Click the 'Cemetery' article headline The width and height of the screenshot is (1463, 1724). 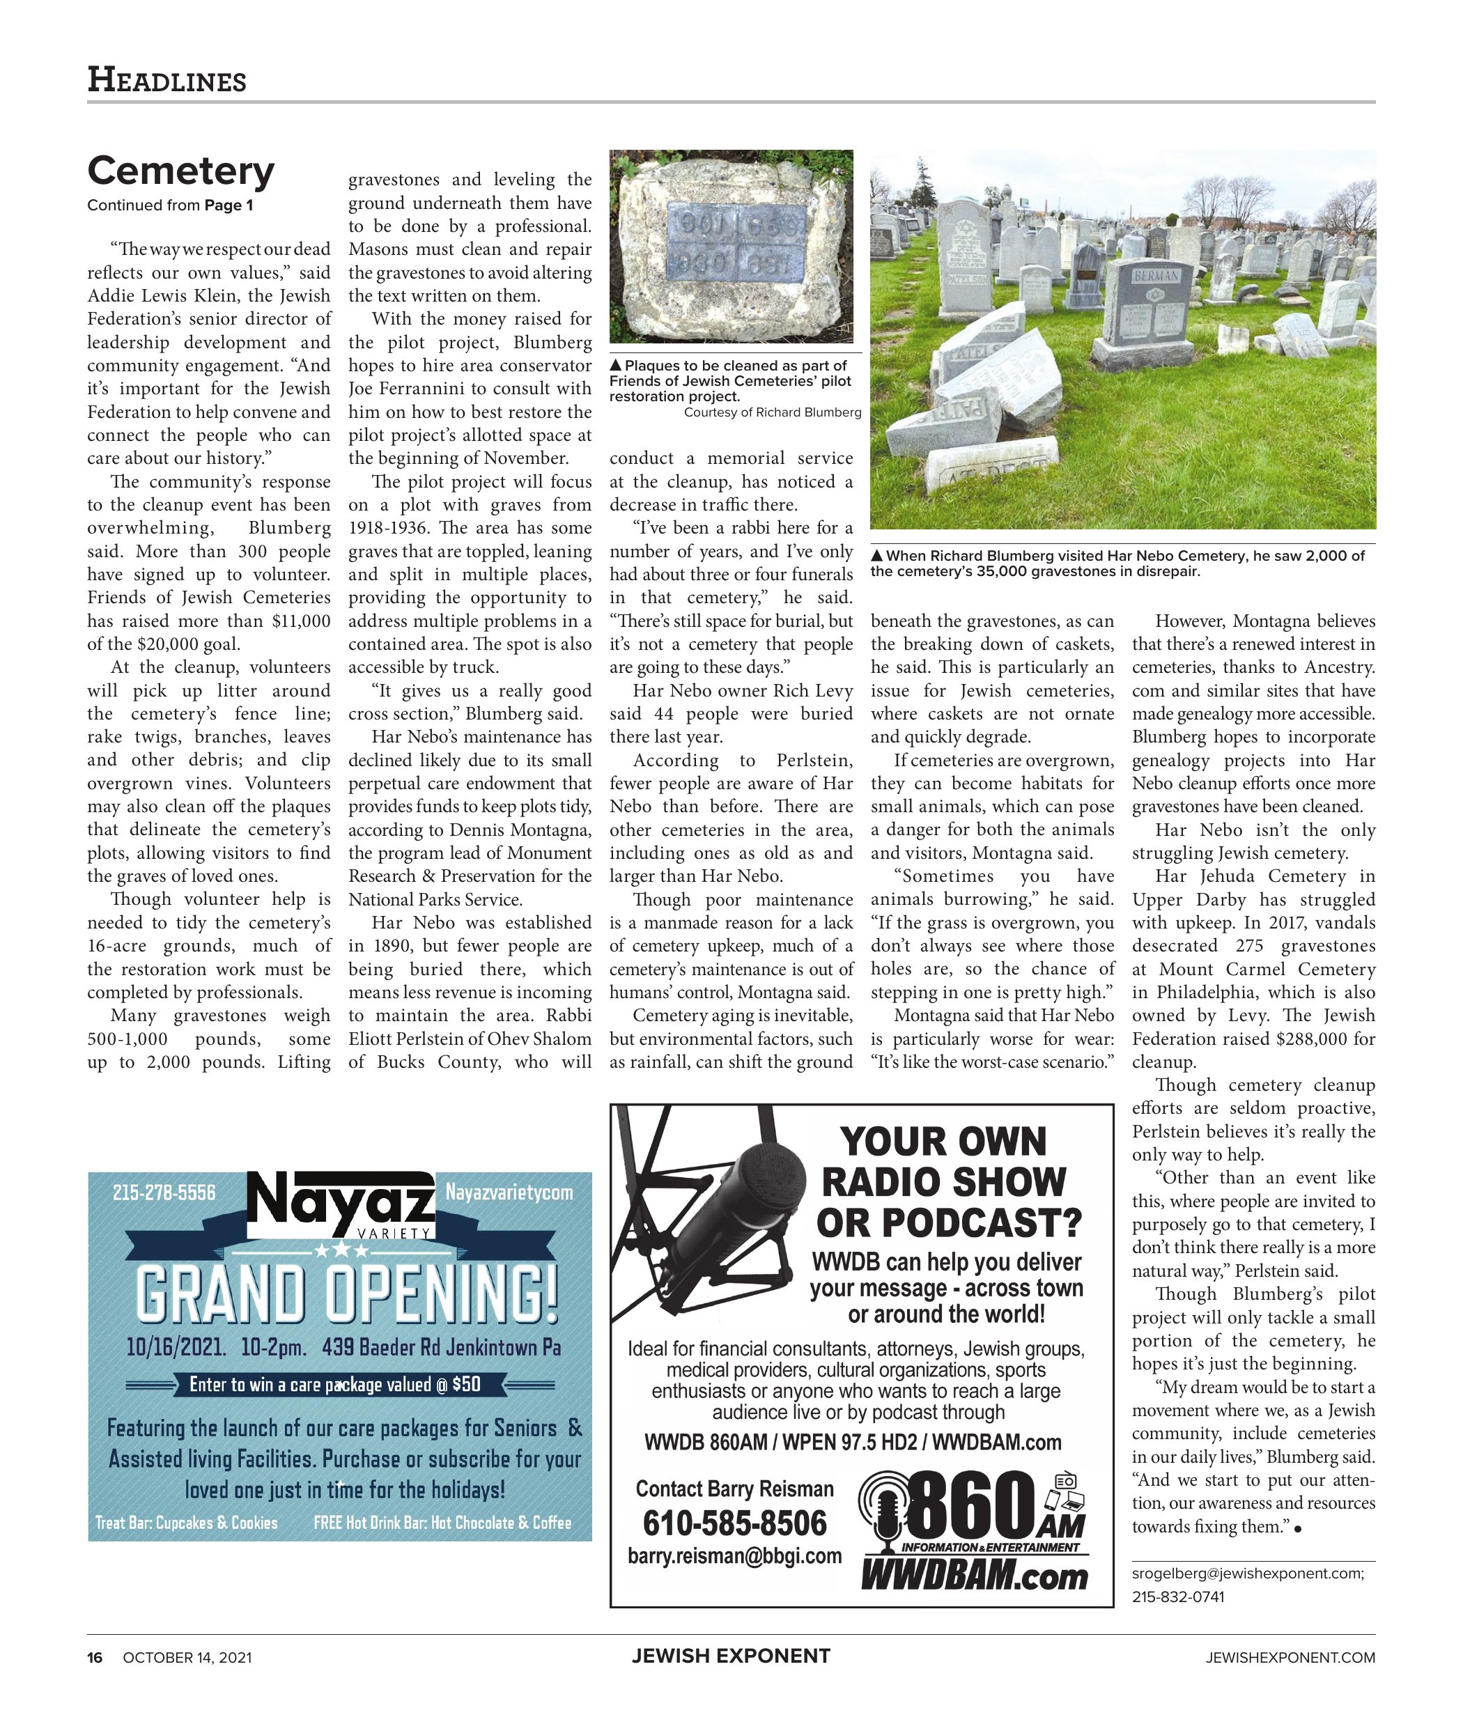click(181, 171)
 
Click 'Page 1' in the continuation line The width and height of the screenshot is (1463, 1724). click(228, 205)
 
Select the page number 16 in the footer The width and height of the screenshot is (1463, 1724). click(95, 1657)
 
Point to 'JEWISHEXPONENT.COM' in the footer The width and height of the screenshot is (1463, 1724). click(1290, 1657)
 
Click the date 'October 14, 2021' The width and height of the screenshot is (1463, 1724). click(187, 1657)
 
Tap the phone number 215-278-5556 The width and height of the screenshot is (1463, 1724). click(164, 1193)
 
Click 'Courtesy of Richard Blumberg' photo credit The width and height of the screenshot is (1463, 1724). click(772, 412)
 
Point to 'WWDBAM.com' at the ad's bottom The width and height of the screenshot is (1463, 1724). click(974, 1576)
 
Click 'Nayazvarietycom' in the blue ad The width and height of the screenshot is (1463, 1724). click(509, 1193)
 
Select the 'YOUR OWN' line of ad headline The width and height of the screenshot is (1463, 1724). click(943, 1142)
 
